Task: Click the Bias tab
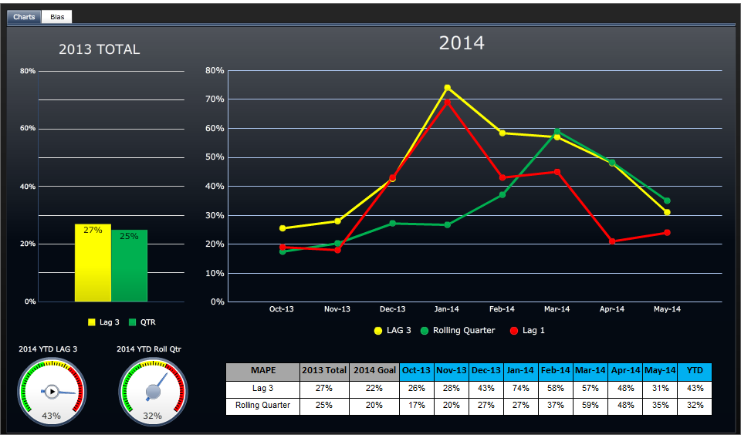(x=56, y=16)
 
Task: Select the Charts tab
(x=24, y=16)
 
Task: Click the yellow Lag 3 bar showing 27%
(x=93, y=263)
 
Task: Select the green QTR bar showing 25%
(x=129, y=266)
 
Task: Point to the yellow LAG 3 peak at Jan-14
(x=447, y=88)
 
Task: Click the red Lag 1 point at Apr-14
(x=612, y=241)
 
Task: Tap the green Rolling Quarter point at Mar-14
(x=557, y=131)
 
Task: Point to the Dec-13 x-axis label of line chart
(x=392, y=309)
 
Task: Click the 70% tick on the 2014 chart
(x=215, y=99)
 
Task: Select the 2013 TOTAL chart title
(x=100, y=49)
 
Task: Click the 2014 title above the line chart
(x=462, y=43)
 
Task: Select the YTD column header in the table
(x=694, y=371)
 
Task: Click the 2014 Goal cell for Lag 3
(x=374, y=389)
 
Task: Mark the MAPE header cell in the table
(x=262, y=371)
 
